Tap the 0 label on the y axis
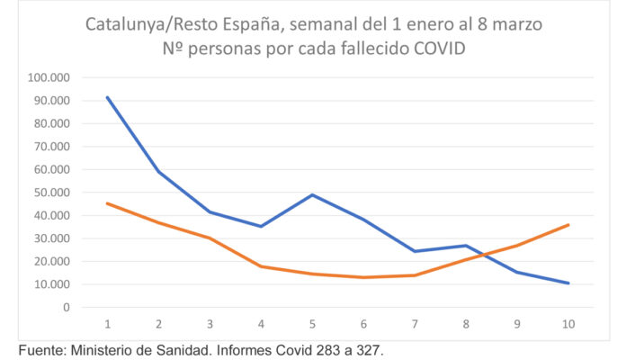(66, 307)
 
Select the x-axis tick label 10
(568, 323)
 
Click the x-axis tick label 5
(312, 323)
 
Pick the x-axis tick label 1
(107, 323)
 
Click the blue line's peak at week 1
(107, 97)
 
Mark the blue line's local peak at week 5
(312, 194)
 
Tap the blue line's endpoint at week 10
(568, 283)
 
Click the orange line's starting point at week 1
(107, 203)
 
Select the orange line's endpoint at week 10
(568, 225)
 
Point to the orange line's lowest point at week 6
(363, 277)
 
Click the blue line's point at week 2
(158, 171)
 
